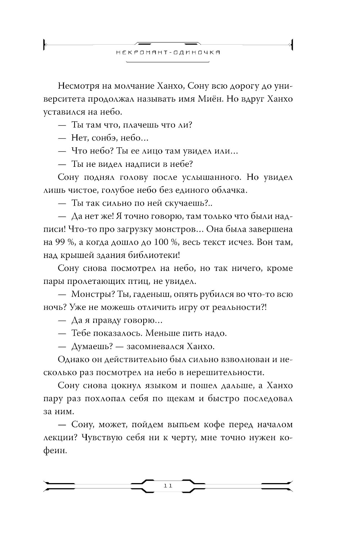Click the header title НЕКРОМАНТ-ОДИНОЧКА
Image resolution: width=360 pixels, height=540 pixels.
168,52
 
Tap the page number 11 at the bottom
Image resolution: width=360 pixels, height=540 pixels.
168,486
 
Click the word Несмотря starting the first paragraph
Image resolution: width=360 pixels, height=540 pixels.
77,86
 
